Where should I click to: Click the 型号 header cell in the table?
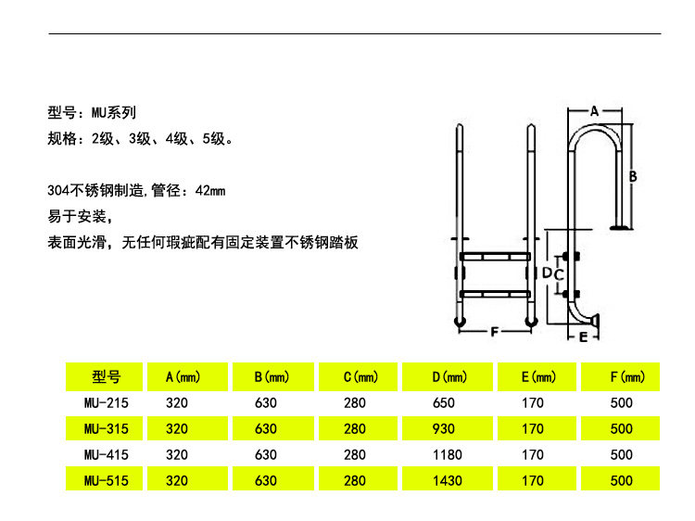coord(107,377)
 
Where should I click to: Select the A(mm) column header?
coord(183,377)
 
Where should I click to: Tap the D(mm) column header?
coord(449,377)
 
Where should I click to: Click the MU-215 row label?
coord(106,403)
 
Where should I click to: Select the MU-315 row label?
coord(106,429)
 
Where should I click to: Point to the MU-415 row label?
coord(106,455)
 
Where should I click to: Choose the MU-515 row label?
coord(106,481)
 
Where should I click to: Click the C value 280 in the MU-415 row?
coord(355,455)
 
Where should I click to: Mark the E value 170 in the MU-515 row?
coord(533,481)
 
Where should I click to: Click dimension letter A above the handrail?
coord(594,110)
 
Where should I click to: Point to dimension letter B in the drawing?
coord(633,174)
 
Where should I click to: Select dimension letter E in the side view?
coord(583,337)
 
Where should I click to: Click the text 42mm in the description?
coord(210,191)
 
